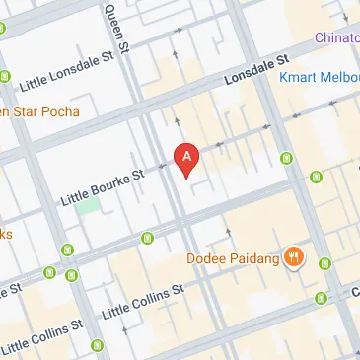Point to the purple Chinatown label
(x=336, y=37)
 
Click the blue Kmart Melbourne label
(x=318, y=76)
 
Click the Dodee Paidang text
(x=231, y=259)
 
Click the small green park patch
(x=89, y=206)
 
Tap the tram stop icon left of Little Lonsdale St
(x=5, y=75)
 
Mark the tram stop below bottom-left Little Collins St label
(x=98, y=344)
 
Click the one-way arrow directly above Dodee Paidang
(x=228, y=232)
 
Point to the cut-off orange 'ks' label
(x=5, y=234)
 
